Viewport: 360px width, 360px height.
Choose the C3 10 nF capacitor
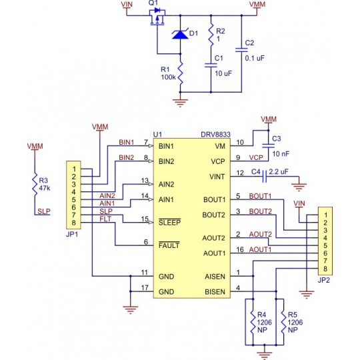point(268,145)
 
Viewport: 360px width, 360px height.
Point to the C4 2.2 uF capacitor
point(265,176)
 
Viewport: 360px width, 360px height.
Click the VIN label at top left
point(127,5)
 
